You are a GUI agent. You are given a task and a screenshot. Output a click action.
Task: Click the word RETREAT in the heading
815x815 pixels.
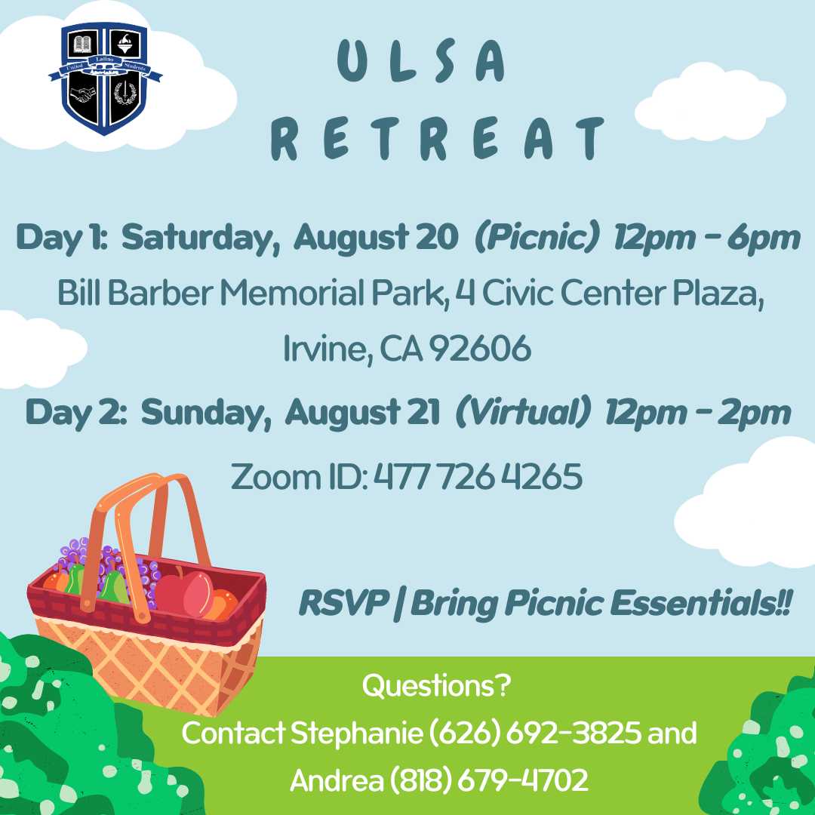[x=438, y=139]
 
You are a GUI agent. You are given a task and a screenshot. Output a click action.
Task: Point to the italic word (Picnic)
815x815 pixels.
[x=537, y=238]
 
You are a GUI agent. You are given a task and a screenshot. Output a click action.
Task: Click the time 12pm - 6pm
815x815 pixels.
[x=706, y=238]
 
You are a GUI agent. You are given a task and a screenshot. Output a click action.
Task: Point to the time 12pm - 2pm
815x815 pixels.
[x=697, y=413]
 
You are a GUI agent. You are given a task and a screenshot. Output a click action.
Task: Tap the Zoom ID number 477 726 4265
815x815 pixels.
[x=478, y=477]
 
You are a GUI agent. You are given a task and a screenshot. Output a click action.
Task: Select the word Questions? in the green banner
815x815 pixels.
[x=437, y=687]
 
